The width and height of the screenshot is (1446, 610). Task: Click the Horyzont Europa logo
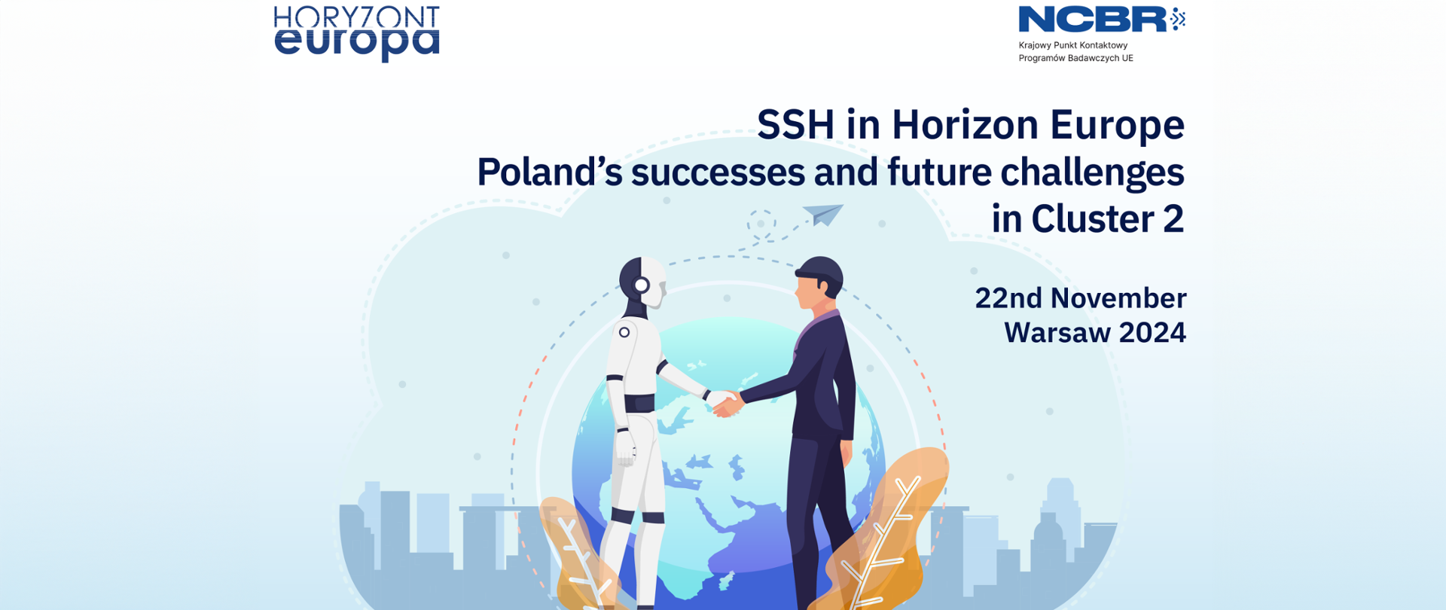356,34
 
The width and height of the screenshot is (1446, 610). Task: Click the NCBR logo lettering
1093,20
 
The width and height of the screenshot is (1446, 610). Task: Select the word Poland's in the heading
550,172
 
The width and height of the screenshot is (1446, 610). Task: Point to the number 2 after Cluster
1173,219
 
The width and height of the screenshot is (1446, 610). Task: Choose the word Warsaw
1057,333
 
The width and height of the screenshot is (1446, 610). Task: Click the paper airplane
823,214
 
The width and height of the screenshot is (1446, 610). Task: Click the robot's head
643,282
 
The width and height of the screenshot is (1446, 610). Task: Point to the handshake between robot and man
725,403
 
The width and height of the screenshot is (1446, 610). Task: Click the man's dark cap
819,271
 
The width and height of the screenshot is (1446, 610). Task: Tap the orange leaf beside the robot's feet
576,554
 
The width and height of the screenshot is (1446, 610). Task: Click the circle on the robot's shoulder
624,332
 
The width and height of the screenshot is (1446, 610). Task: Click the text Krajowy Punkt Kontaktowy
1073,45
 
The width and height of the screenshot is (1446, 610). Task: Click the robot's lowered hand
626,449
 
